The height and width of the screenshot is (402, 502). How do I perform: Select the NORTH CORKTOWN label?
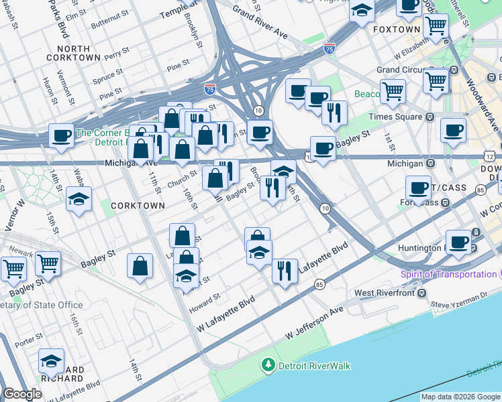tap(74, 54)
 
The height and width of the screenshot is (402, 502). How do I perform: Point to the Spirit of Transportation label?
tap(448, 275)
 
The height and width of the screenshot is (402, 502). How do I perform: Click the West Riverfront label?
tap(384, 293)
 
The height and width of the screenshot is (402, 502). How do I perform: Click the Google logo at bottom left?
tap(22, 394)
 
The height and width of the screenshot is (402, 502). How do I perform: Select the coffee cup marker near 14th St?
tap(61, 136)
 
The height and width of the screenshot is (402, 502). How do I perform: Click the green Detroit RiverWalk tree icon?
tap(268, 365)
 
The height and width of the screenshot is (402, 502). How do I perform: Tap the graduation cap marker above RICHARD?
tap(51, 361)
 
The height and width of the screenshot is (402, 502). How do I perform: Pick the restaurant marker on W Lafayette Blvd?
tap(285, 271)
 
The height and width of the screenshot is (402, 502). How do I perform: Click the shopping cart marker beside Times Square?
tap(393, 90)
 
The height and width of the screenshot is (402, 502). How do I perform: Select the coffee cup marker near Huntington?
tap(460, 242)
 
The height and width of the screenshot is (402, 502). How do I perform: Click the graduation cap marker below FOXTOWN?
tap(362, 11)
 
